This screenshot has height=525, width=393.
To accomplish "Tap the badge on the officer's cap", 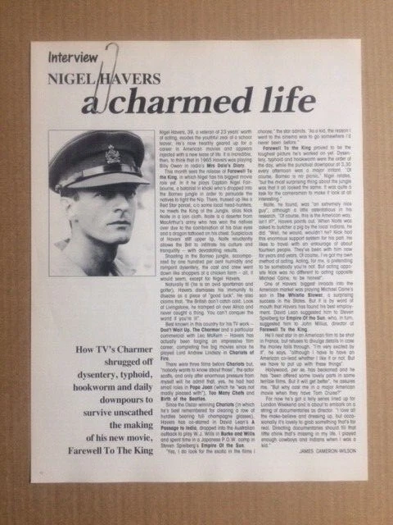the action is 111,153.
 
